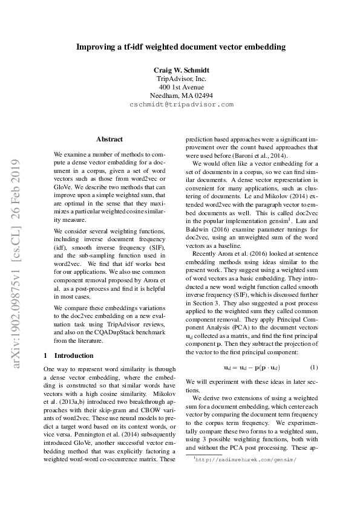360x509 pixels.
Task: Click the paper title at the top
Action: [180, 46]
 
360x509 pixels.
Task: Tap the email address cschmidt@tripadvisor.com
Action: [180, 104]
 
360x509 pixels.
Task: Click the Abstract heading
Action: [110, 139]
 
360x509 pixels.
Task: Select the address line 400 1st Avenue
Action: [180, 87]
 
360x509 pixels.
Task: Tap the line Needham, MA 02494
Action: [180, 96]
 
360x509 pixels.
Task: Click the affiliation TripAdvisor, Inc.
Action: [180, 79]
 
